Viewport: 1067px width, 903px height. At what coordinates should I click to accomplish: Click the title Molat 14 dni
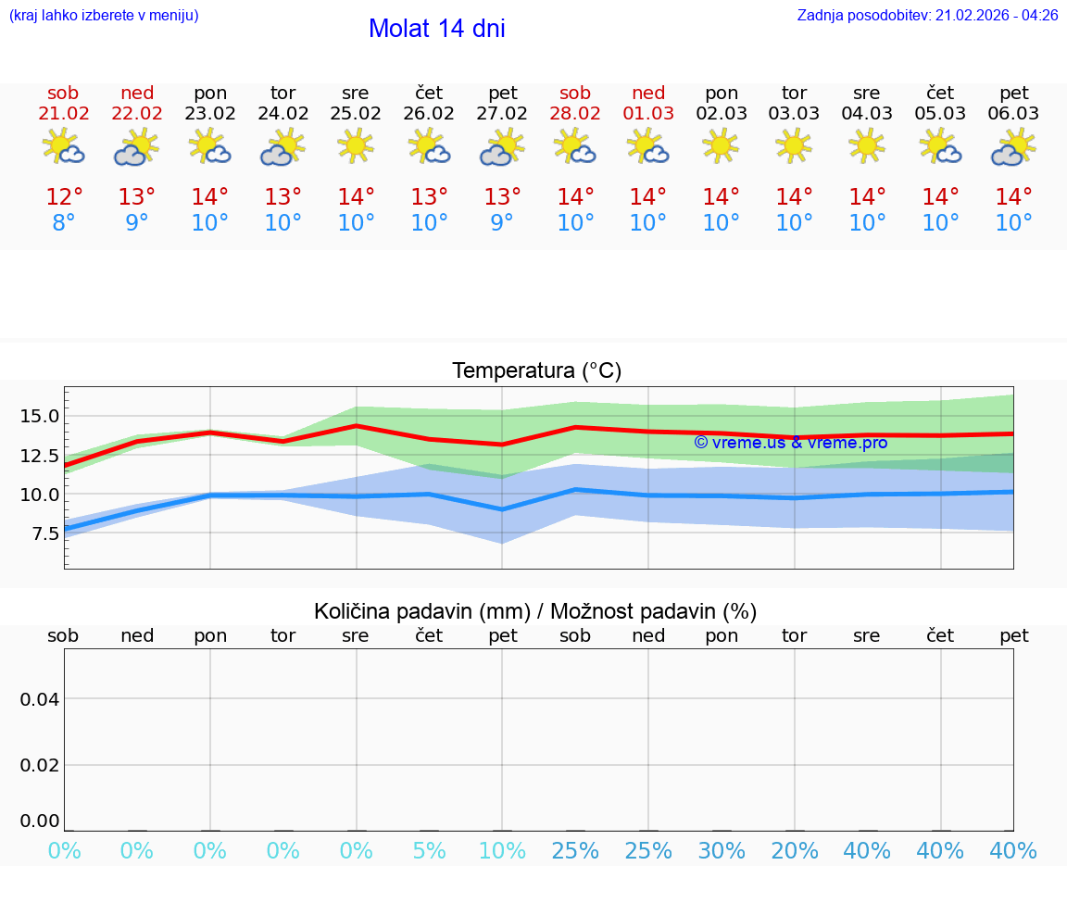point(436,29)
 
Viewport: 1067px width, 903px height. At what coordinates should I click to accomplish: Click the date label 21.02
point(63,114)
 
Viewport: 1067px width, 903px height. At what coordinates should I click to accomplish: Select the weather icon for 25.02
point(356,146)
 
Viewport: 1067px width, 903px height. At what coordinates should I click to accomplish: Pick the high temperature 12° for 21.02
point(64,197)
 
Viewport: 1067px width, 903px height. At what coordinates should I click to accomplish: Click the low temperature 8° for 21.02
point(64,223)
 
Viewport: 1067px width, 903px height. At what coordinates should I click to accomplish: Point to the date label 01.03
point(648,114)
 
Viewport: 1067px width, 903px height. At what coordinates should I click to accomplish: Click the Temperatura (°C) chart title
point(536,371)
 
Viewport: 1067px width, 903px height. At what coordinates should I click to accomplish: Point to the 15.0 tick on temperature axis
point(39,416)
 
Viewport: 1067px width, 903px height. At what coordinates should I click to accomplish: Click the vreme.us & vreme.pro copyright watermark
point(790,443)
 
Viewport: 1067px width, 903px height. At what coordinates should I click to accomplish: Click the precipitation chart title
point(535,611)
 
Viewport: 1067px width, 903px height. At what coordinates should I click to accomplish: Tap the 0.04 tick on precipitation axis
point(39,699)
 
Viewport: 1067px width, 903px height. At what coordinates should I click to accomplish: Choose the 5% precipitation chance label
point(429,851)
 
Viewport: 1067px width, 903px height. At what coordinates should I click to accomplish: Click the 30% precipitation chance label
point(722,851)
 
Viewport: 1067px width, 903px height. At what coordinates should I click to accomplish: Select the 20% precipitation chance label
point(795,851)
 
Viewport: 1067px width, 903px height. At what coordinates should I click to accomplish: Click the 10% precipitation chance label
point(502,851)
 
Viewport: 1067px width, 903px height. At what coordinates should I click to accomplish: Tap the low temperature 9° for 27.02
point(502,223)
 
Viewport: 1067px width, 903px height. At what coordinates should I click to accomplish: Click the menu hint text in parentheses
point(104,16)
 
